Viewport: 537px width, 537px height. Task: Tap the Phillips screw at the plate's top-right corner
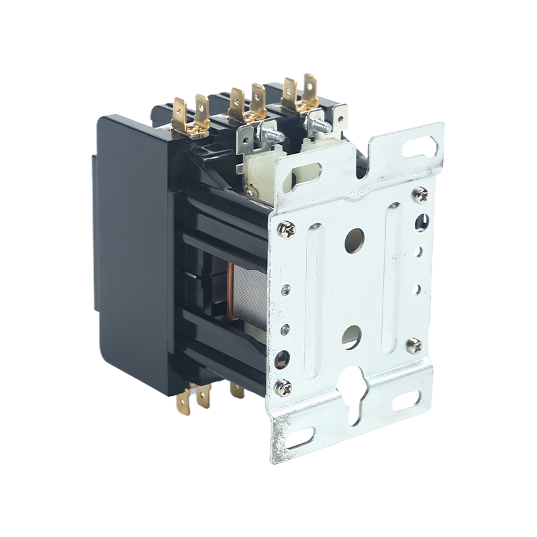click(x=421, y=195)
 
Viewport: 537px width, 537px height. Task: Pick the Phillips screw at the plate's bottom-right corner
click(x=413, y=346)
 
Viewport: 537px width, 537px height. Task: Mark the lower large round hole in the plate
click(x=351, y=336)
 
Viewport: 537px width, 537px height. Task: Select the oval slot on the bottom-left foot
click(x=301, y=438)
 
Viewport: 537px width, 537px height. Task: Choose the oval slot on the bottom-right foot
click(x=406, y=401)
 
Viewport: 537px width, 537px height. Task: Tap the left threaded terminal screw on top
click(x=271, y=137)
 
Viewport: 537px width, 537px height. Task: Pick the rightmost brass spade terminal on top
click(x=310, y=90)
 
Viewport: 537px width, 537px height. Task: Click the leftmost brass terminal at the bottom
click(x=183, y=403)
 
